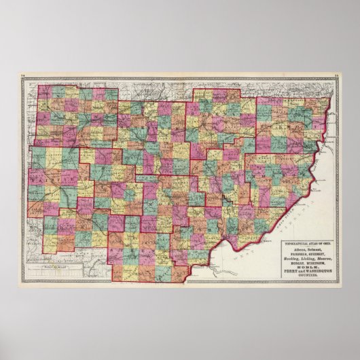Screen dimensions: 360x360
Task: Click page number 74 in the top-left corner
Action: pos(22,77)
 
